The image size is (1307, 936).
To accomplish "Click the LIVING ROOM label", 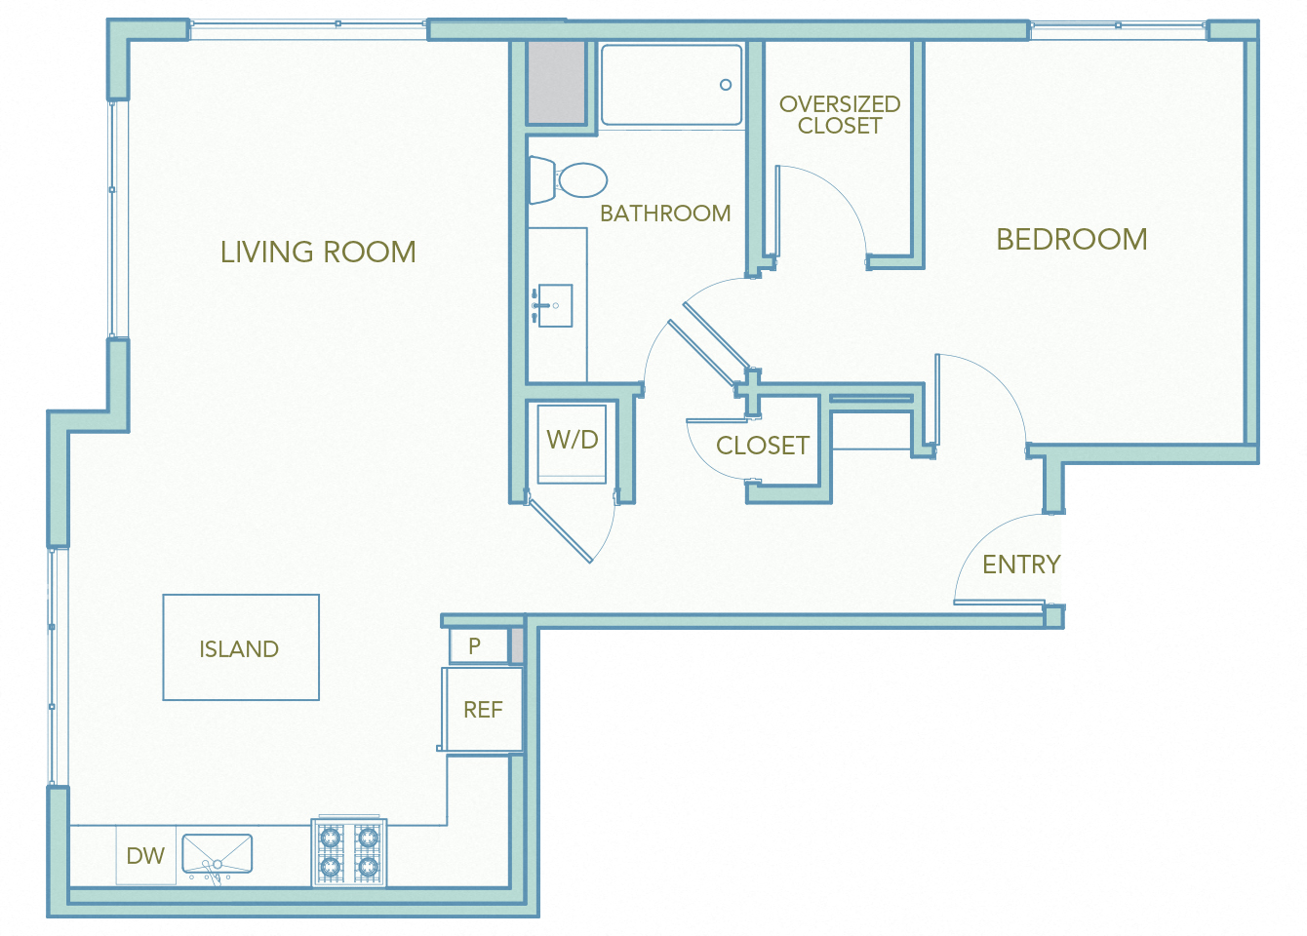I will [x=318, y=253].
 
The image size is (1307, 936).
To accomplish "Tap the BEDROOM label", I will [x=1071, y=240].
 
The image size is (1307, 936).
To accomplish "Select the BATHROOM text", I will [x=665, y=214].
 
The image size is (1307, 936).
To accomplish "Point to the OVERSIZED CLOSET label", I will [x=839, y=115].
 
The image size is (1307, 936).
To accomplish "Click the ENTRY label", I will [x=1020, y=565].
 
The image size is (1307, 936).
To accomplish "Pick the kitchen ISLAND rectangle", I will [x=241, y=647].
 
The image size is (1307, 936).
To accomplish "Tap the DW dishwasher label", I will [x=145, y=856].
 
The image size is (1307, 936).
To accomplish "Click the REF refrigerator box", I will [x=483, y=710].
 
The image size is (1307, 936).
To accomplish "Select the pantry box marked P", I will [x=476, y=645].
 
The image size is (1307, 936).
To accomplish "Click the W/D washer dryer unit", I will [x=573, y=441].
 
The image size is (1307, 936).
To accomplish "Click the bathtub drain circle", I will [x=726, y=85].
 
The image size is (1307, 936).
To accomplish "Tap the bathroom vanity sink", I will [x=553, y=305].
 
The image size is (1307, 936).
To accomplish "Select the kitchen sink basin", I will [x=217, y=855].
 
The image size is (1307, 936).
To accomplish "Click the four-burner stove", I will [x=349, y=852].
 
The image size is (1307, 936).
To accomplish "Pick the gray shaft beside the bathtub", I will [x=556, y=82].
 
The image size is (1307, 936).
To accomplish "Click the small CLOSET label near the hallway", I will [x=762, y=446].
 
